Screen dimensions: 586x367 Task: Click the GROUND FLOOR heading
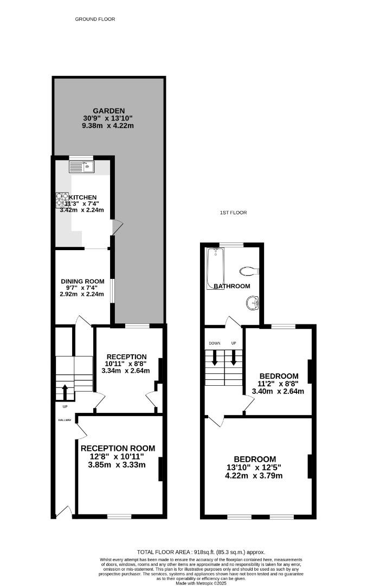click(x=95, y=19)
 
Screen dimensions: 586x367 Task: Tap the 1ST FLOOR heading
click(x=233, y=213)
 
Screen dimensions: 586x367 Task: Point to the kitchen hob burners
click(x=61, y=200)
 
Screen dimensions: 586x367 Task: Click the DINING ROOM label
click(x=82, y=282)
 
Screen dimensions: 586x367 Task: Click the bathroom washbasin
click(x=252, y=302)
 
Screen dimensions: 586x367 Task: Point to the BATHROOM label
click(x=231, y=286)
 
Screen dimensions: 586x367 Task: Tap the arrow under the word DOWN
click(x=215, y=357)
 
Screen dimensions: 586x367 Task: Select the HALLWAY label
click(x=65, y=419)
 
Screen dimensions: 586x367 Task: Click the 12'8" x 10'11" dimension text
click(x=118, y=457)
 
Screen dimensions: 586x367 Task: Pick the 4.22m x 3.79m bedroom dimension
click(x=254, y=476)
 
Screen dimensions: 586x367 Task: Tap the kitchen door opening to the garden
click(x=116, y=227)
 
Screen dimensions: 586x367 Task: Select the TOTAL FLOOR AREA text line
click(x=201, y=552)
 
